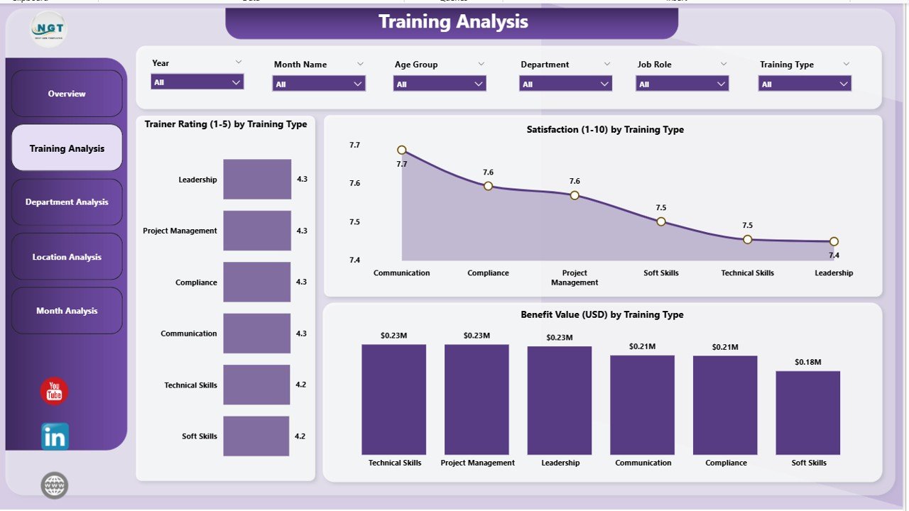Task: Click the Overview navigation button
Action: [x=67, y=94]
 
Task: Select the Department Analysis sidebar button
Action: [x=67, y=202]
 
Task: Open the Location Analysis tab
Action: [x=67, y=257]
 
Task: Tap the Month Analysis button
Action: [x=67, y=311]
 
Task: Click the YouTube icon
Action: [x=54, y=391]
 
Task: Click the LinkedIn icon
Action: [x=55, y=436]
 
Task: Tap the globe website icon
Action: [x=55, y=485]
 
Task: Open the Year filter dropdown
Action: [x=197, y=82]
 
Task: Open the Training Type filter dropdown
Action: [x=805, y=84]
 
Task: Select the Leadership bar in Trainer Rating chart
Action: [x=257, y=179]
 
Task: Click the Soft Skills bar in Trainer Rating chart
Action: [x=256, y=436]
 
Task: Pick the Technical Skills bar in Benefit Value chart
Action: [x=394, y=400]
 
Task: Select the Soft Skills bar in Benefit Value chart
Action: [x=808, y=412]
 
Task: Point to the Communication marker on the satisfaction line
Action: [x=402, y=150]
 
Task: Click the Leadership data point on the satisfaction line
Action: [x=834, y=241]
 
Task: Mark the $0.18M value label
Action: [x=808, y=362]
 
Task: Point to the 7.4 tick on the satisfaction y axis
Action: [x=354, y=260]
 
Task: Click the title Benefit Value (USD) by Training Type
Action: [x=602, y=314]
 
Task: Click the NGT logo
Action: [x=48, y=29]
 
